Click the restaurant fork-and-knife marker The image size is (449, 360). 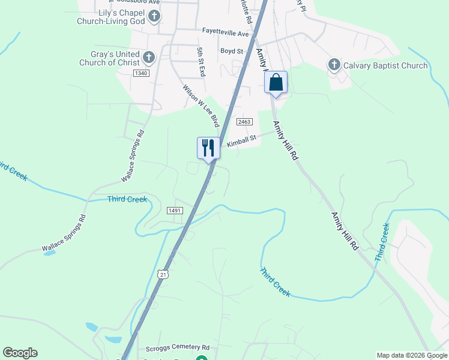tap(208, 148)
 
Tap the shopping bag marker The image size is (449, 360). tap(276, 82)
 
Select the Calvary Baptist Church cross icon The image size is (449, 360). tap(334, 65)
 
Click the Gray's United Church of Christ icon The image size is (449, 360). tap(149, 58)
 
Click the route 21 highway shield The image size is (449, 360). tap(163, 274)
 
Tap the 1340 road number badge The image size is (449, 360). tap(141, 73)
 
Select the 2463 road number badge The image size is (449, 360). tap(243, 122)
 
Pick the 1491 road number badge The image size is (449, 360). tap(175, 211)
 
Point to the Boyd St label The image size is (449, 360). tap(231, 52)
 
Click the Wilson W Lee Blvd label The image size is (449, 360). tap(200, 105)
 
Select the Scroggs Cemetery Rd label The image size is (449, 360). tap(177, 347)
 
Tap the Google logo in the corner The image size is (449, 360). tap(20, 353)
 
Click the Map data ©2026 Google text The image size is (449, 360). tap(411, 355)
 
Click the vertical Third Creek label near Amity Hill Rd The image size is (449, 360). tap(382, 242)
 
